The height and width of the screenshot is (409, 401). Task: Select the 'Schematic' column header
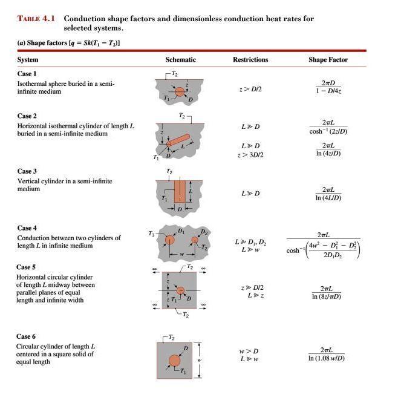click(181, 60)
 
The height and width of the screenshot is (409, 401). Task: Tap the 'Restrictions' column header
click(250, 60)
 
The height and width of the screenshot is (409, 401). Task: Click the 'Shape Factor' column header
click(328, 60)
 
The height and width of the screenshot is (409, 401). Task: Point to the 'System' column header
click(28, 60)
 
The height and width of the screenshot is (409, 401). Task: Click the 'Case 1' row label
click(27, 73)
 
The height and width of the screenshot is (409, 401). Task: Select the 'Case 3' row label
click(27, 171)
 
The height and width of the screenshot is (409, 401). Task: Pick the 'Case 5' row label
click(27, 267)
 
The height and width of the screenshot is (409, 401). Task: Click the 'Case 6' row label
click(27, 336)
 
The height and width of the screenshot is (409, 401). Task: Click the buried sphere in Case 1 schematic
click(180, 92)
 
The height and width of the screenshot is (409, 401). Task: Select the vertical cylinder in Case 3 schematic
click(180, 191)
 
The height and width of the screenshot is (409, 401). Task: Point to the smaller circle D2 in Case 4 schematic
click(195, 241)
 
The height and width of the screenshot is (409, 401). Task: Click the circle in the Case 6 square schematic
click(175, 361)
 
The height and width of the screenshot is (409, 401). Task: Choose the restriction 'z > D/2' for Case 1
click(250, 89)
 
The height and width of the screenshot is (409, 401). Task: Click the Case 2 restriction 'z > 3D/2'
click(250, 154)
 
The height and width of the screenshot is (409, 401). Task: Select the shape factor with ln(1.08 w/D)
click(327, 354)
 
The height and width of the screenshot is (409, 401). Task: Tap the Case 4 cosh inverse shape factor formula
click(324, 246)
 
